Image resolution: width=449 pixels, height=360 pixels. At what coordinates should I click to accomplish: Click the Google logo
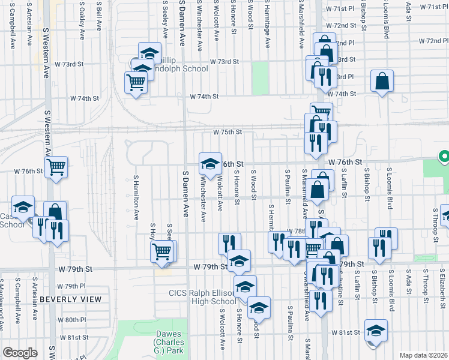click(x=20, y=353)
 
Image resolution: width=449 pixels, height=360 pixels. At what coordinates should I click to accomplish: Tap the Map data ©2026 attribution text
click(x=423, y=355)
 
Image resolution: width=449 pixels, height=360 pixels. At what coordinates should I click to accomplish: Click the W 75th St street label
click(x=228, y=132)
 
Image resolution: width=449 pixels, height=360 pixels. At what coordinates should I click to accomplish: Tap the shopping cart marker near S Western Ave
click(x=56, y=166)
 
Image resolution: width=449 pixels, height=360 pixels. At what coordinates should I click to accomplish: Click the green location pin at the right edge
click(x=444, y=157)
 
